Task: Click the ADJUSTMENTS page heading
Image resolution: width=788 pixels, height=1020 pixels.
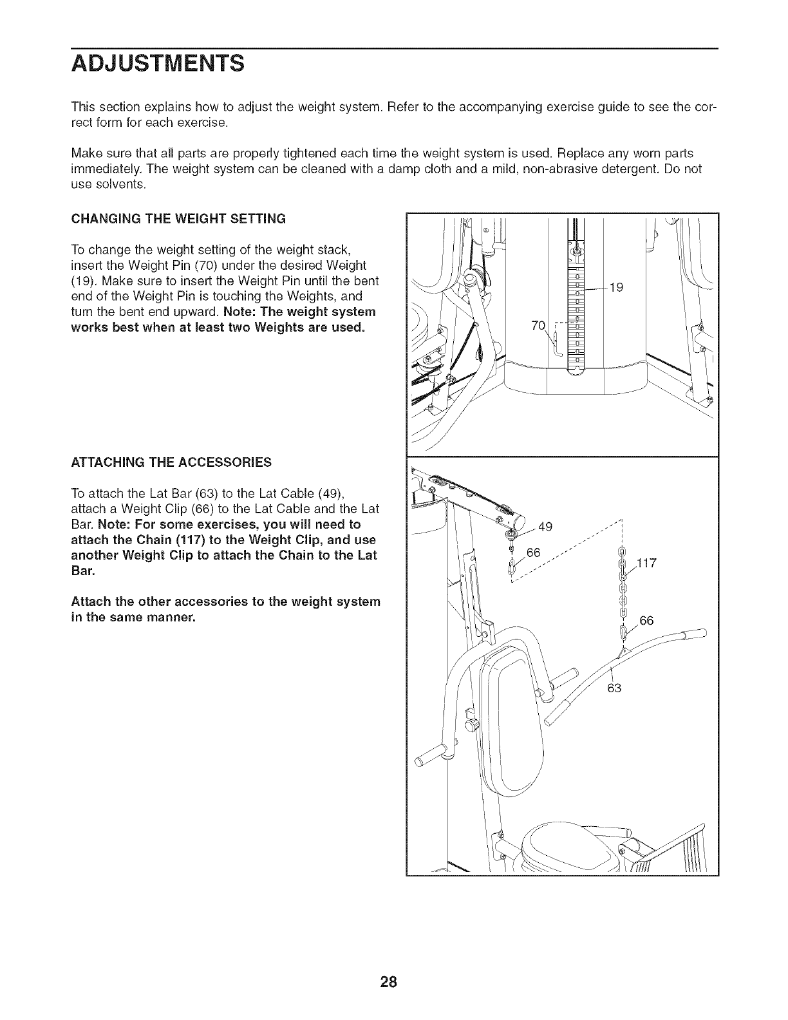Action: pos(157,64)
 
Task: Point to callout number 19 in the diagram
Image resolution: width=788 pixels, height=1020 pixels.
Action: pos(616,287)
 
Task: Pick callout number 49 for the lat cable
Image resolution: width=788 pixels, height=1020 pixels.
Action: pos(545,527)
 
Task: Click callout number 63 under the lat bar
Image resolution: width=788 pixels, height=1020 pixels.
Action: pos(614,689)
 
